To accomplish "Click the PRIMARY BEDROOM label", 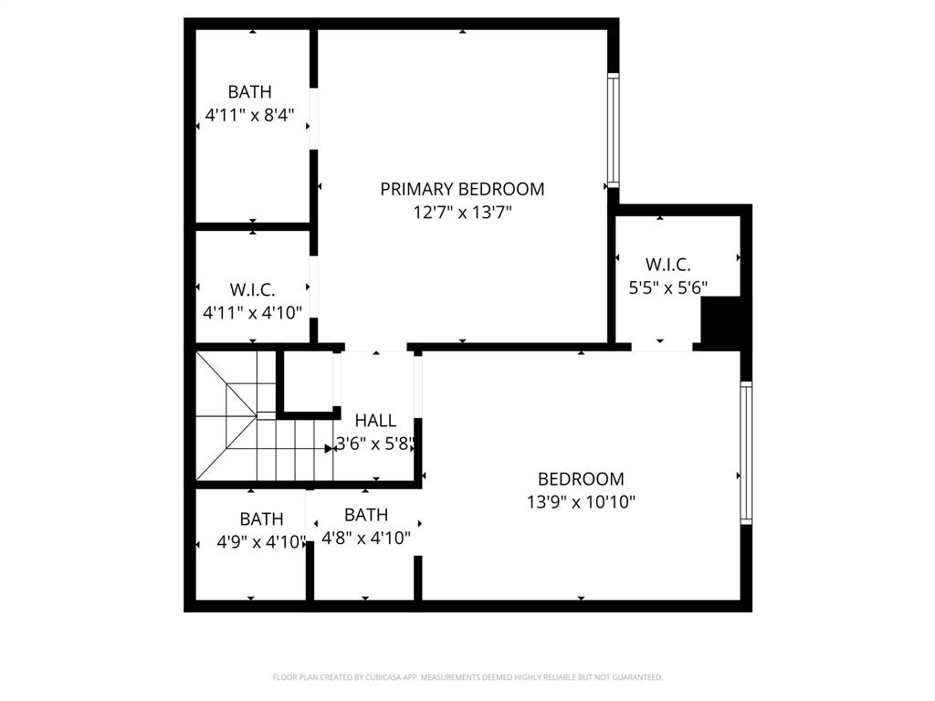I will click(x=462, y=189).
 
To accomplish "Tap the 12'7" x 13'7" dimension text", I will click(x=462, y=213).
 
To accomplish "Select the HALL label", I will click(x=375, y=421).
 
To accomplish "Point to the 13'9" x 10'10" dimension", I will click(x=581, y=501).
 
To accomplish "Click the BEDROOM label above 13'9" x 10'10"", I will click(x=581, y=478).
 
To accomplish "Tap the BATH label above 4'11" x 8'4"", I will click(x=249, y=92).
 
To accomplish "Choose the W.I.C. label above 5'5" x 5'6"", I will click(x=667, y=265).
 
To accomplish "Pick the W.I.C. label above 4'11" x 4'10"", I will click(x=252, y=289).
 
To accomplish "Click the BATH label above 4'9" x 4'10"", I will click(x=261, y=519).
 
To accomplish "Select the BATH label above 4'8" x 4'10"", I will click(x=366, y=515).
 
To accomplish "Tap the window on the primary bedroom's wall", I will click(x=614, y=131).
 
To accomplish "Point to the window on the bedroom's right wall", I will click(x=746, y=453).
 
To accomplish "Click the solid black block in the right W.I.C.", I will click(x=720, y=324).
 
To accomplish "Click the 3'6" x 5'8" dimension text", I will click(x=376, y=445).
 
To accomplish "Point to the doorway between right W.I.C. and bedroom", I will click(x=662, y=347).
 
